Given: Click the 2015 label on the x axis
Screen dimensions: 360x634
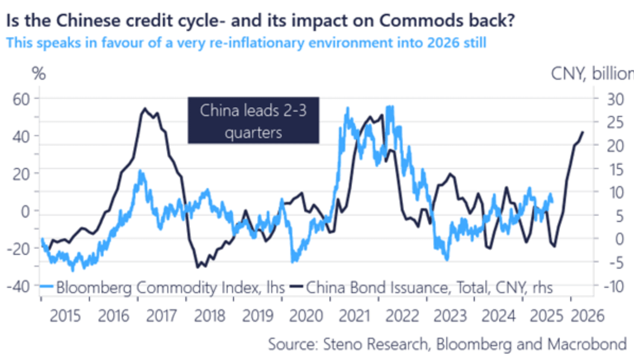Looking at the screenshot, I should [x=65, y=316].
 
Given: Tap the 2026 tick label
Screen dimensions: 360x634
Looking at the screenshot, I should [x=587, y=316].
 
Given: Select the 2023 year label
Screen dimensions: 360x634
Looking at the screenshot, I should [x=450, y=316].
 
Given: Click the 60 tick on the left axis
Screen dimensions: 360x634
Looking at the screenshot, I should [x=21, y=99].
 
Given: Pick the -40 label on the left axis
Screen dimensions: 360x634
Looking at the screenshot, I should [x=18, y=286].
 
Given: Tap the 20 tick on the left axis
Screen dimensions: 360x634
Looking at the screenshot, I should [x=21, y=174].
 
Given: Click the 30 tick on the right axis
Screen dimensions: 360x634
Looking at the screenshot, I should [x=615, y=99].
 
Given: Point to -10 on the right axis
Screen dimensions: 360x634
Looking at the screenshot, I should [x=614, y=286].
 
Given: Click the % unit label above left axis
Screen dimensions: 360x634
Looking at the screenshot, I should [x=39, y=74].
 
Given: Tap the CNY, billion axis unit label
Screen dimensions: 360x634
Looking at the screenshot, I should [x=592, y=74].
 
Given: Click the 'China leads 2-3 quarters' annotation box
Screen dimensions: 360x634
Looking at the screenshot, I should [x=253, y=120].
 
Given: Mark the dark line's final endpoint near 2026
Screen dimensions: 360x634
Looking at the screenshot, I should [x=582, y=132].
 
